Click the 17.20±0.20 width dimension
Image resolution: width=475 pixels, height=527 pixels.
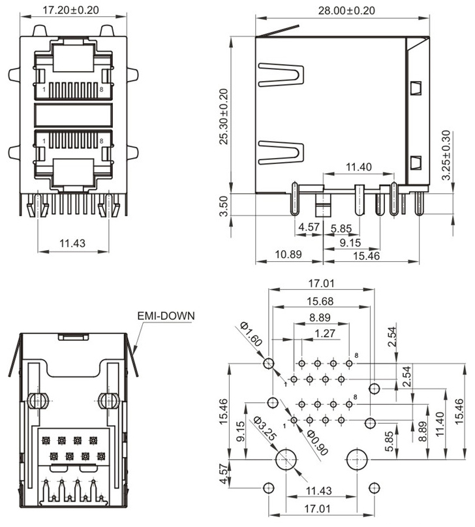pos(71,10)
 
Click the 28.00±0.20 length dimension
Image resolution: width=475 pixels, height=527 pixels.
pos(346,10)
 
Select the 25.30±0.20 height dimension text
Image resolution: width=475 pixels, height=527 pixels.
pos(224,117)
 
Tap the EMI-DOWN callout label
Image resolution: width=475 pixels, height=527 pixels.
pos(166,316)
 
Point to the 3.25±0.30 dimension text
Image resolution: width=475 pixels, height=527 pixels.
pos(446,155)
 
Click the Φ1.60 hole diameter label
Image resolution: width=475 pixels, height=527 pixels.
pos(251,334)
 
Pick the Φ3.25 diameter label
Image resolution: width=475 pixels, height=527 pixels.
pos(265,428)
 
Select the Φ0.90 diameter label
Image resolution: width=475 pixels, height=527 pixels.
pos(317,443)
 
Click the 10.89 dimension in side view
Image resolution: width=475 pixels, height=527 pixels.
pos(288,254)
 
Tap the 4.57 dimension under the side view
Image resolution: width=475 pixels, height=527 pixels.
pos(309,227)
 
